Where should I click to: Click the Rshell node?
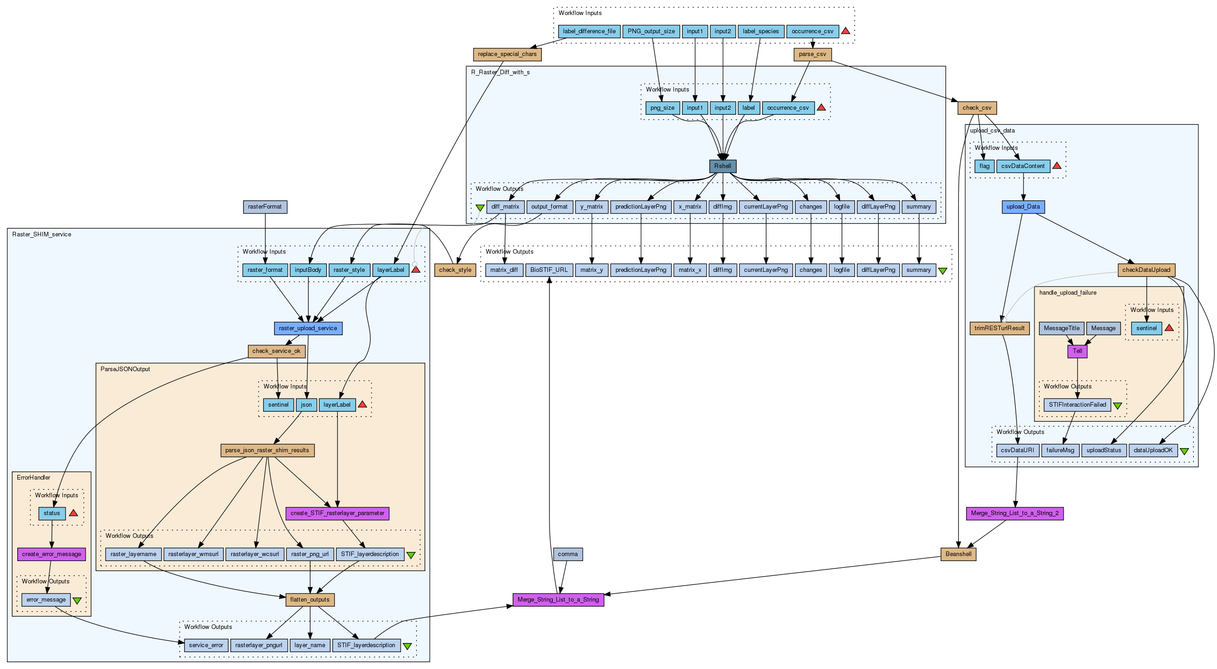tap(723, 166)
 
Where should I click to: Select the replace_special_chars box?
tap(507, 54)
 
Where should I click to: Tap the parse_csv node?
tap(812, 54)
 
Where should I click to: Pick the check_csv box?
tap(977, 108)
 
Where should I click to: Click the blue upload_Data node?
tap(1023, 207)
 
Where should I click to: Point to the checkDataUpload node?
tap(1146, 270)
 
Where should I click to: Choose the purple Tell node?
tap(1077, 351)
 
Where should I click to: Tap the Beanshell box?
tap(958, 554)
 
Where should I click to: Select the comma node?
tap(567, 554)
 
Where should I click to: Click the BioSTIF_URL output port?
tap(549, 270)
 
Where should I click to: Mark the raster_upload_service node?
tap(308, 328)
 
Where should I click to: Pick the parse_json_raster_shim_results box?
tap(267, 450)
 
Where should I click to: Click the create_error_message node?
tap(51, 554)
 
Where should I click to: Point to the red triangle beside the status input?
tap(73, 513)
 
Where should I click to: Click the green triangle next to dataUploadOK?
tap(1184, 451)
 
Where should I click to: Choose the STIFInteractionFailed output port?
tap(1077, 405)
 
